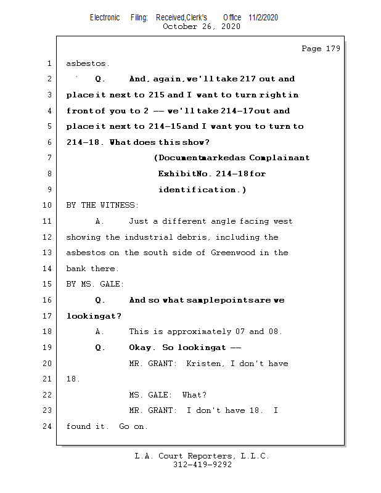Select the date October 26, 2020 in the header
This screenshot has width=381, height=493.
[201, 26]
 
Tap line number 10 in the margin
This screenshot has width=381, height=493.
[48, 205]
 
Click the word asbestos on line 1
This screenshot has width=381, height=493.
[88, 63]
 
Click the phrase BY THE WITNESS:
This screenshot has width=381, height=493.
[102, 205]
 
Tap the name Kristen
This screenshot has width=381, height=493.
[205, 364]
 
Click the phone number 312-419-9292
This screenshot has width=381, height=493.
[202, 465]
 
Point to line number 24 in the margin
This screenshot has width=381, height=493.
[48, 426]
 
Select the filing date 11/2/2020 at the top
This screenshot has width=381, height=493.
[263, 17]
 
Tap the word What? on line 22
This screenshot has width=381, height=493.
[194, 395]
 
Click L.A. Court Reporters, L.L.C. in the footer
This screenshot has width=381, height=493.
[202, 456]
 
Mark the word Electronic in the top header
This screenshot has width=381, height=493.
[105, 17]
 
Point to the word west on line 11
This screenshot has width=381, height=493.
[282, 221]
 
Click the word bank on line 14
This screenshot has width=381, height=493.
[76, 269]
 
